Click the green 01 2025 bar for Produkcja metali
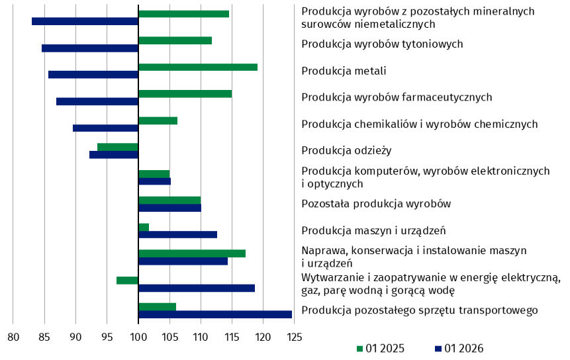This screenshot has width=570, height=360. click(197, 67)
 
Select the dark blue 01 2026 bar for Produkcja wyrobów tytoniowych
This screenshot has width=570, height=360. click(90, 48)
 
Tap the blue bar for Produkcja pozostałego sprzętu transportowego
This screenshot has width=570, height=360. click(214, 314)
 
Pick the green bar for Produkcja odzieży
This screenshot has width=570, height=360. click(118, 147)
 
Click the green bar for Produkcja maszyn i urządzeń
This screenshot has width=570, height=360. click(144, 227)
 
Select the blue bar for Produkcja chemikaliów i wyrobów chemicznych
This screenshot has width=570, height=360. click(105, 128)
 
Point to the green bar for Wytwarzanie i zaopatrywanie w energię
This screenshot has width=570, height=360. click(127, 281)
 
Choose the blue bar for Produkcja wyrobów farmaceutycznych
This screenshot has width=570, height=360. click(97, 101)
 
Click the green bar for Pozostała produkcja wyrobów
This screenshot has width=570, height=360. click(169, 201)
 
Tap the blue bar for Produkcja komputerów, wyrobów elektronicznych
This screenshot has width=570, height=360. click(154, 181)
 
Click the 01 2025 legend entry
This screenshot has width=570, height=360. click(381, 348)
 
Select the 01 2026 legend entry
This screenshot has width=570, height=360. click(459, 348)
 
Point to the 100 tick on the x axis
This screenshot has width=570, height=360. click(138, 337)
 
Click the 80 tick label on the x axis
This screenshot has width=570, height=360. click(13, 337)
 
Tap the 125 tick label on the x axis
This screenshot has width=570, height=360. click(294, 337)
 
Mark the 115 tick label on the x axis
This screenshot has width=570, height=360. click(232, 337)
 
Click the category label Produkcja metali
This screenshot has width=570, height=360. click(344, 71)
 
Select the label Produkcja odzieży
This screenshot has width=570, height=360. click(346, 150)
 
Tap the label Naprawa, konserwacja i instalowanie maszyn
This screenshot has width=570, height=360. click(414, 251)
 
